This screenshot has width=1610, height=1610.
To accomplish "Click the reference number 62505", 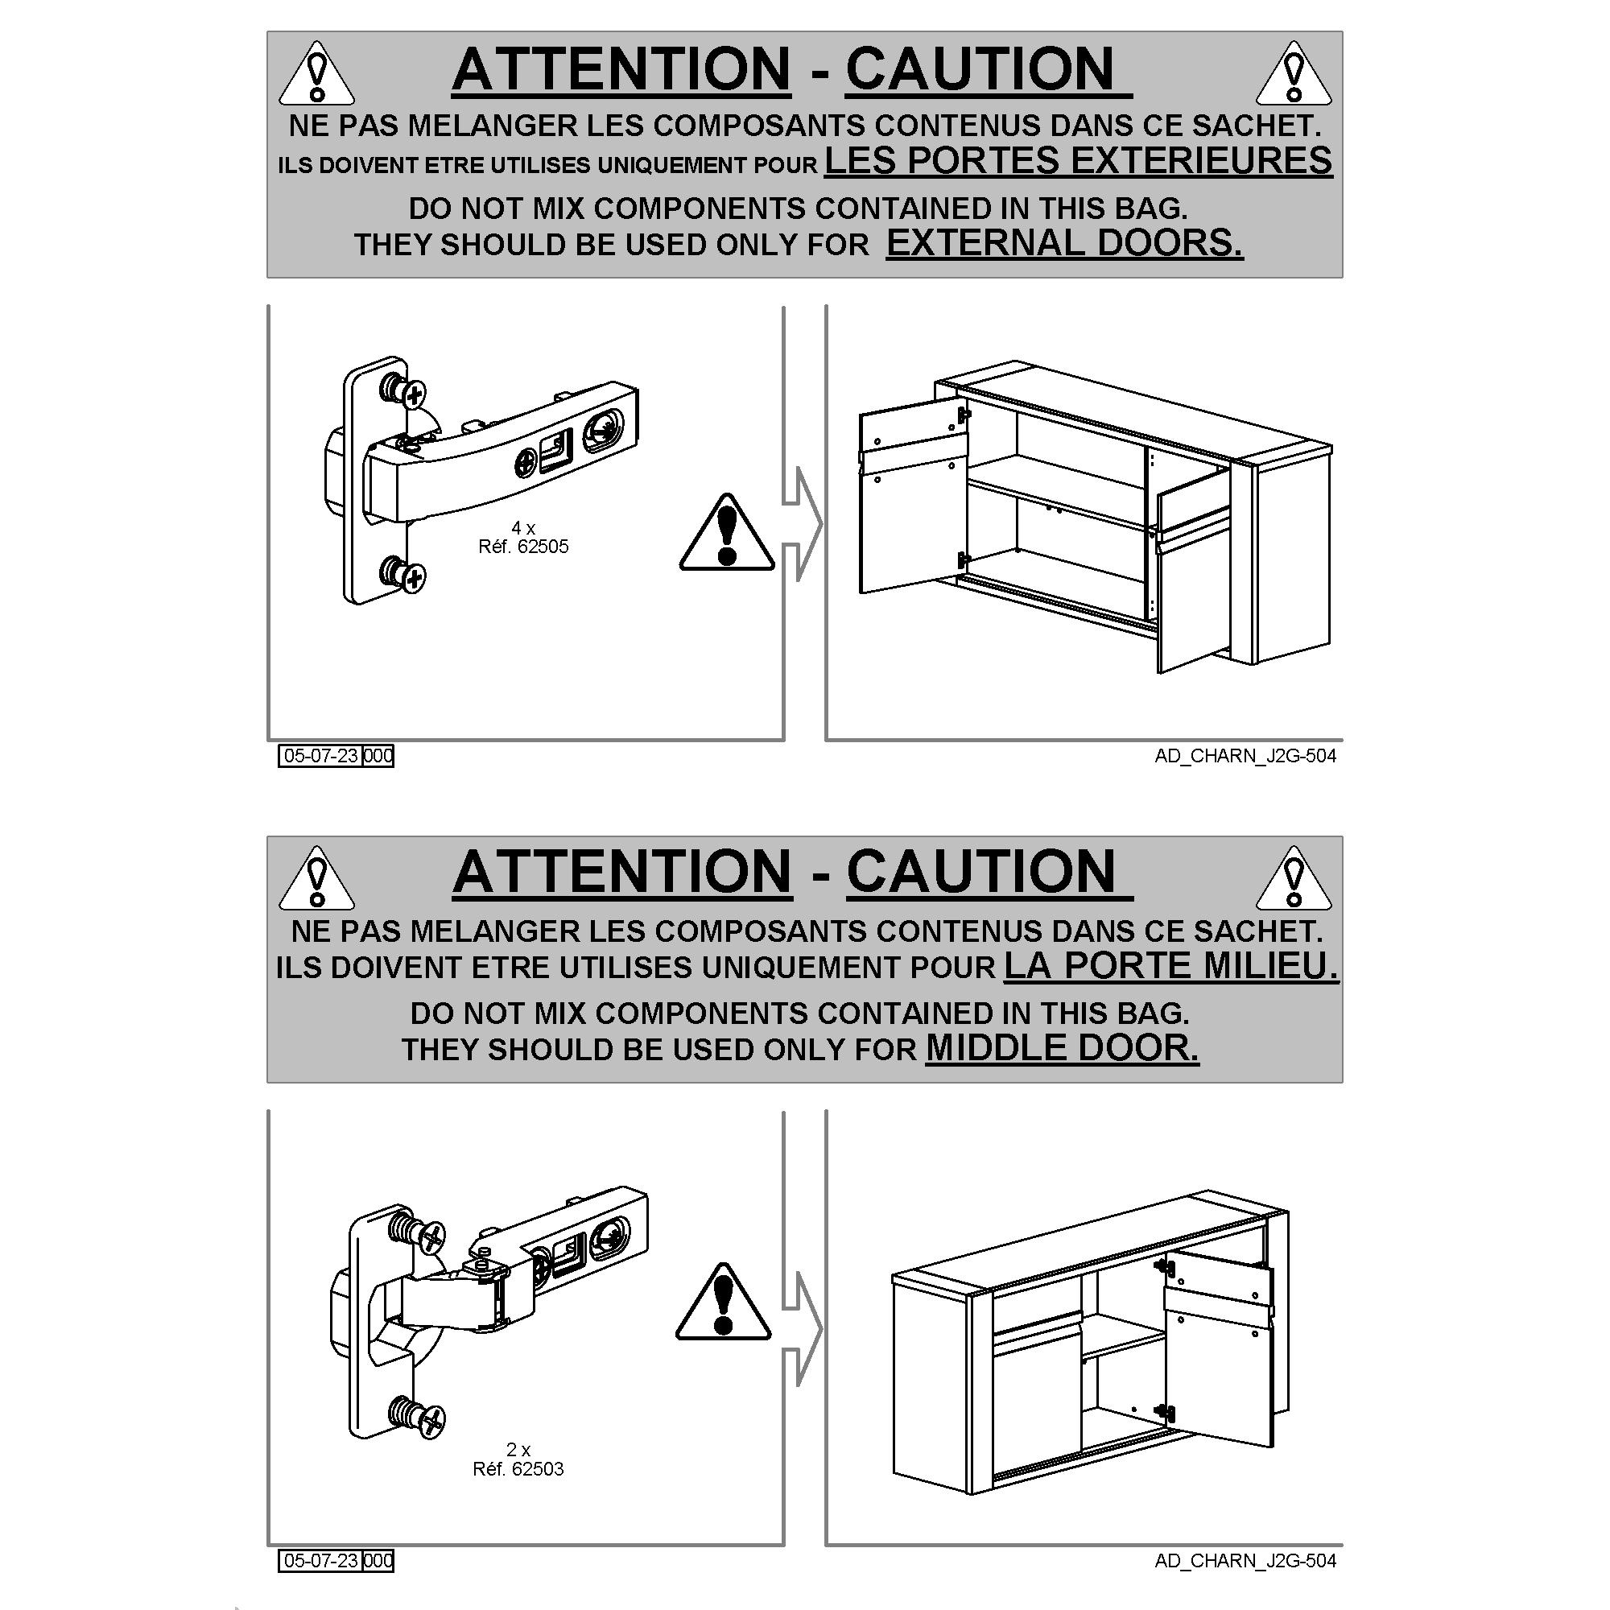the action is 543,547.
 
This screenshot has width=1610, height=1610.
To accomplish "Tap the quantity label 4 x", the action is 523,527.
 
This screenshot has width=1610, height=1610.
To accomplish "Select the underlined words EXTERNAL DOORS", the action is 1064,242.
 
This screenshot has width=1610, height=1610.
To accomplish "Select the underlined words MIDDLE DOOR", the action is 1063,1047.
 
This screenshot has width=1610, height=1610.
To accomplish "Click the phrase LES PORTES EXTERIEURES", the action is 1079,160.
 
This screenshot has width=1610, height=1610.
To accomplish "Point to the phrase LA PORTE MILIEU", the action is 1171,965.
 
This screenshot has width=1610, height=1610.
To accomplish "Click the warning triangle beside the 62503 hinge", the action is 724,1302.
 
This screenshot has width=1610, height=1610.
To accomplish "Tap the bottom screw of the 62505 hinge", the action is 403,574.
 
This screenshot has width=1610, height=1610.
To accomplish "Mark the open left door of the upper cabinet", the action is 914,495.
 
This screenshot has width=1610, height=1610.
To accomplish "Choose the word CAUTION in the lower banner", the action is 981,873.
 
